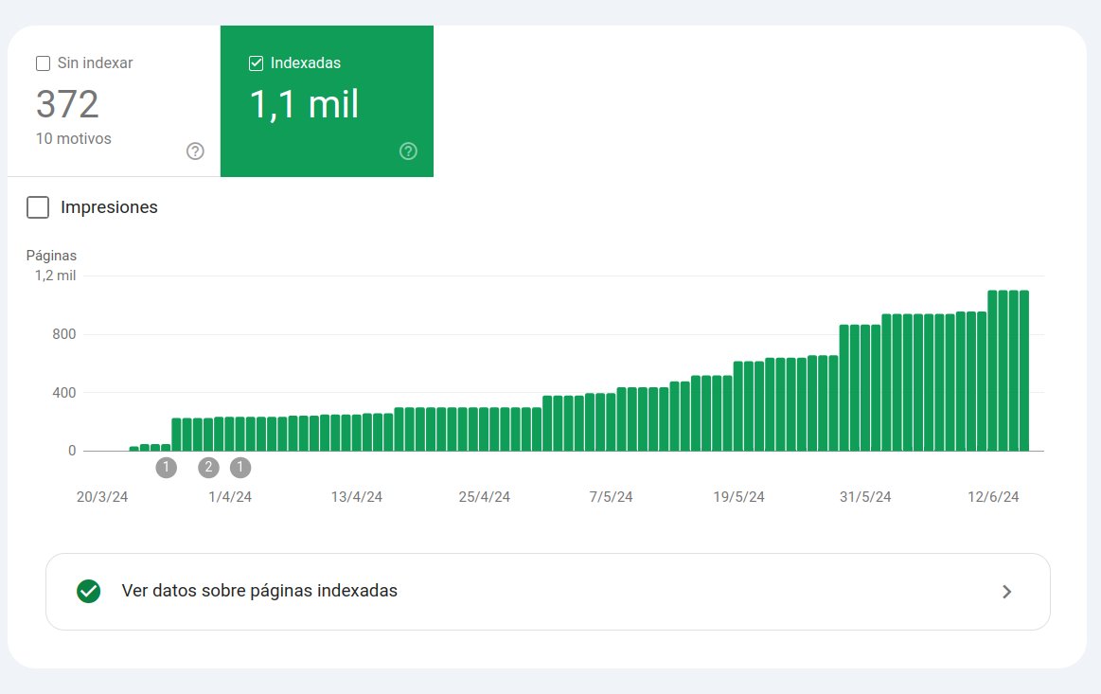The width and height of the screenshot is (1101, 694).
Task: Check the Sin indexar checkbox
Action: pos(43,63)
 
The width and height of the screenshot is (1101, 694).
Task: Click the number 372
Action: pos(67,104)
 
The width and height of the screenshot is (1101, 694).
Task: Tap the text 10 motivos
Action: pos(73,139)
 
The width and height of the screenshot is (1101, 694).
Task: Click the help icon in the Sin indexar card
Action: pos(195,151)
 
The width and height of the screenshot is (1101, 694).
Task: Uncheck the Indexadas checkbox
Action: pos(256,63)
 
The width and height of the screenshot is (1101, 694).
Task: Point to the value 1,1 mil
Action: pos(304,104)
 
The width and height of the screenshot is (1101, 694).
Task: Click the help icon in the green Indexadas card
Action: pos(408,151)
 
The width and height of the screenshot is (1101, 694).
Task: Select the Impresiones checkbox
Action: pos(38,207)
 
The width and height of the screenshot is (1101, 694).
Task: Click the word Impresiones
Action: pos(109,207)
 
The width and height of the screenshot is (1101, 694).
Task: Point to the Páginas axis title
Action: pos(51,256)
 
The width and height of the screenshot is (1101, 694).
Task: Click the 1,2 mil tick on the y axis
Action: pos(55,276)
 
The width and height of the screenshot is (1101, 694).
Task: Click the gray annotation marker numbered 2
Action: pos(208,467)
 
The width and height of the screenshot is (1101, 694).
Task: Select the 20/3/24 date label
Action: pos(102,497)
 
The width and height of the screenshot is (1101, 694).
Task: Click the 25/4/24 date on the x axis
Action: pos(484,497)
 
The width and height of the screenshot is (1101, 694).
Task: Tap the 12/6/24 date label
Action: pos(993,497)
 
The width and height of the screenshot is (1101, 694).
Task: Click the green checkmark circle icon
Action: pos(89,591)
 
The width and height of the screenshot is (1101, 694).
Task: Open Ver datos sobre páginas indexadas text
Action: pos(259,591)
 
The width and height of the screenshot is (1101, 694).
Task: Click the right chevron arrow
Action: pos(1007,592)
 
